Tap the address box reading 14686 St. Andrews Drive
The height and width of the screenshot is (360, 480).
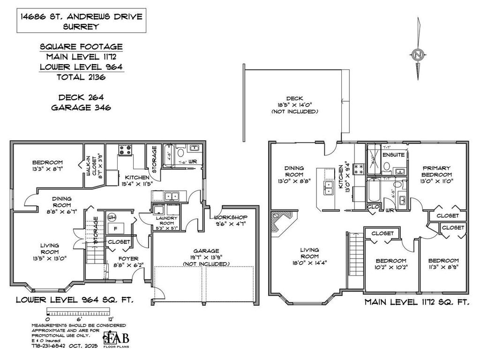[x=81, y=22]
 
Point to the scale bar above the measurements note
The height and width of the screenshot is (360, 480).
[x=77, y=312]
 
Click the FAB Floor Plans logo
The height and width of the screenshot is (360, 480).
[x=116, y=338]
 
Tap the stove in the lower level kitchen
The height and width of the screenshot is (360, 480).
[x=125, y=150]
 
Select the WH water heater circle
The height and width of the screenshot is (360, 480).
[x=112, y=217]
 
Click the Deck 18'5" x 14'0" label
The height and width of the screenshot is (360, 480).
[x=294, y=105]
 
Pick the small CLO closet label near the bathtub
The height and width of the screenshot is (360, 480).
[x=373, y=206]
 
